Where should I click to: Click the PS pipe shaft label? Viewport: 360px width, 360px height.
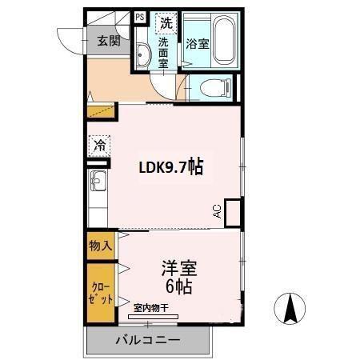coord(140,18)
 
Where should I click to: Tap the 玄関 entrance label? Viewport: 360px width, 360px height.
coord(109,41)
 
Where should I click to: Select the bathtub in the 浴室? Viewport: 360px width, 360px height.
coord(225,40)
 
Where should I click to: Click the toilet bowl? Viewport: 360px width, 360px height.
coord(216,87)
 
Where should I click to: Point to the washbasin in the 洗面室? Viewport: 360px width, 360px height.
coord(142,54)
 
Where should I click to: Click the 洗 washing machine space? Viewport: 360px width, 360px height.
coord(166,23)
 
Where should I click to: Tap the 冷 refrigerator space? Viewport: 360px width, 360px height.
coord(99,146)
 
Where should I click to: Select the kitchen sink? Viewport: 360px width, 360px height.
coord(98,181)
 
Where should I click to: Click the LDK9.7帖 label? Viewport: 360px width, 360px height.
coord(171,167)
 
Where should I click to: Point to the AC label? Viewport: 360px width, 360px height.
coord(218,211)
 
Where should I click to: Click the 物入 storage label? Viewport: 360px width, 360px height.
coord(101,245)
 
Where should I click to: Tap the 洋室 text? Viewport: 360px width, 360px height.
coord(179,268)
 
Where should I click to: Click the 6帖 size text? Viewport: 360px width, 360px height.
coord(178,286)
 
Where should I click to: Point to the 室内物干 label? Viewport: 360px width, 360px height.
coord(151,308)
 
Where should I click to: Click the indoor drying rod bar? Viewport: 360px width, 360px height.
coord(153,317)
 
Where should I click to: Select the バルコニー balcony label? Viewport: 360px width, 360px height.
coord(148,340)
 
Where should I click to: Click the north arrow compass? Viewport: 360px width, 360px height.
coord(290,309)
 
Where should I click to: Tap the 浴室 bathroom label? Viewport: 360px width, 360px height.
coord(198,44)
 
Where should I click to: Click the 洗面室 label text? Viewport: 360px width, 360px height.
coord(163,53)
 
